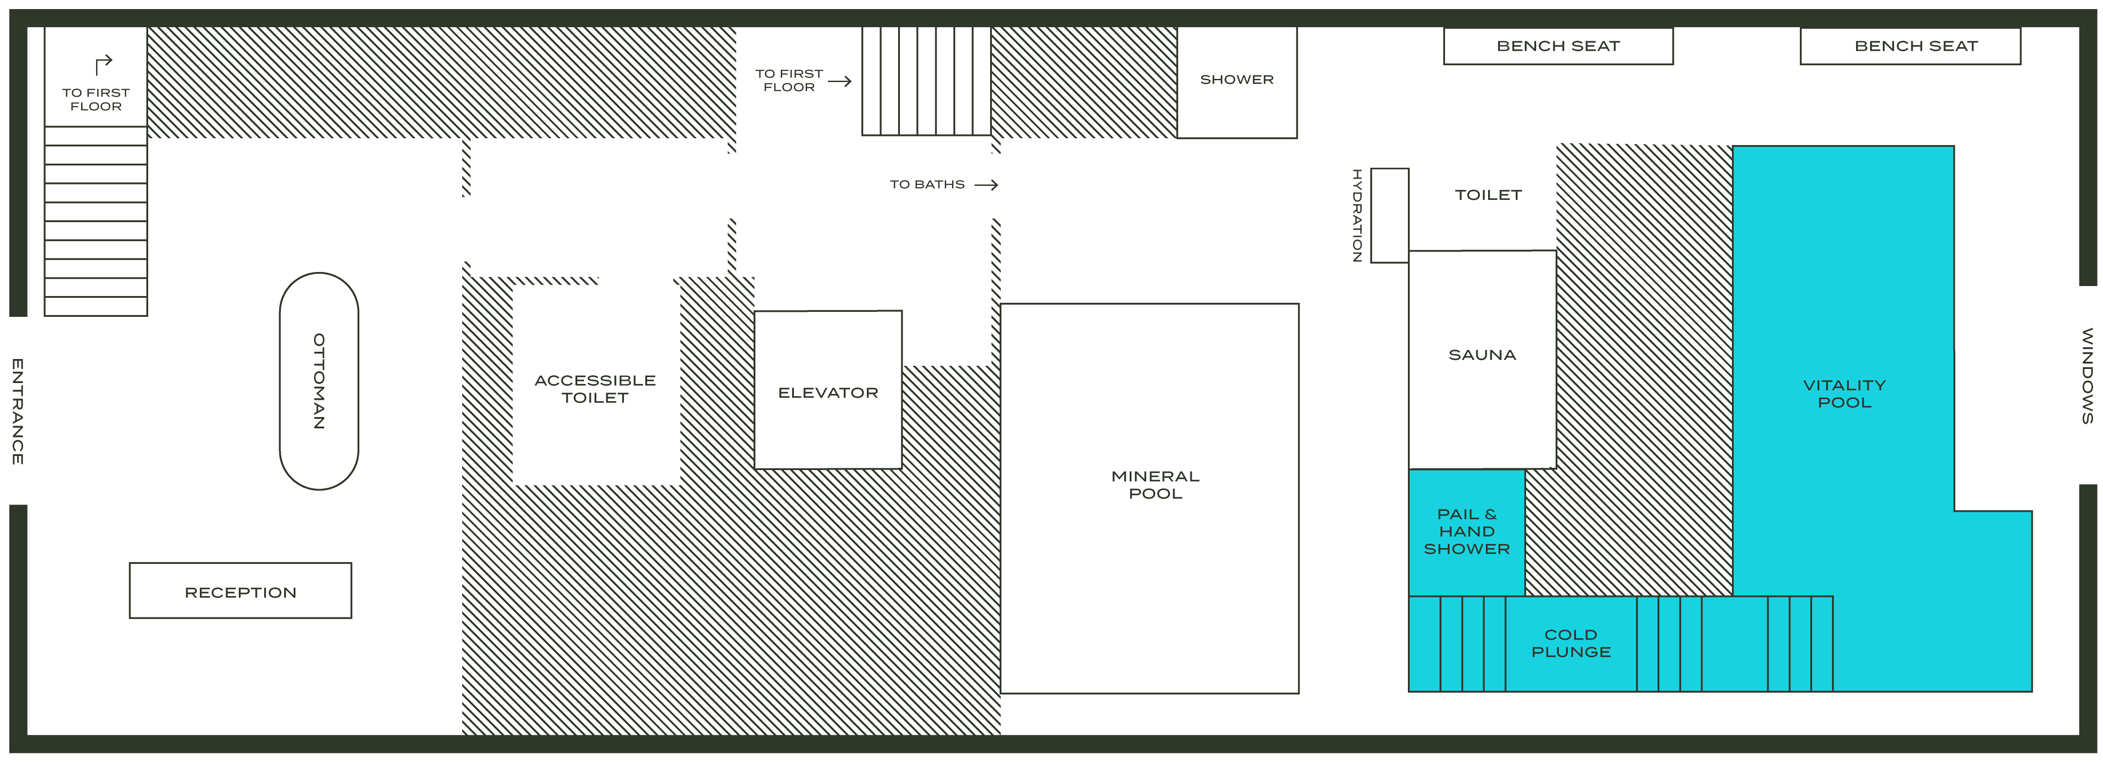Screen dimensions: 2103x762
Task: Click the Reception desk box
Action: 240,591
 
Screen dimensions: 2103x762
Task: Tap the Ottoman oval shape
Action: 319,381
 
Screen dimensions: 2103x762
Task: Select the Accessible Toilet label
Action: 595,389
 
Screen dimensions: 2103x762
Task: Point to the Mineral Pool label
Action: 1155,484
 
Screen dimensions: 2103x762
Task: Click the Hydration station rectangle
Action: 1389,216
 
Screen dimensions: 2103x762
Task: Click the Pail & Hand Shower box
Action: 1466,532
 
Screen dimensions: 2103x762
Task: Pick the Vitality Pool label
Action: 1844,393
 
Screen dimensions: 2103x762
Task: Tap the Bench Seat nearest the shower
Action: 1558,46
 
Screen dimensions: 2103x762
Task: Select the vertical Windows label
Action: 2088,376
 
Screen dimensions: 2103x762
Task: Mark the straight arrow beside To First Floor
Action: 840,81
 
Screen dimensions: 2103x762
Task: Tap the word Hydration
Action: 1356,216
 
